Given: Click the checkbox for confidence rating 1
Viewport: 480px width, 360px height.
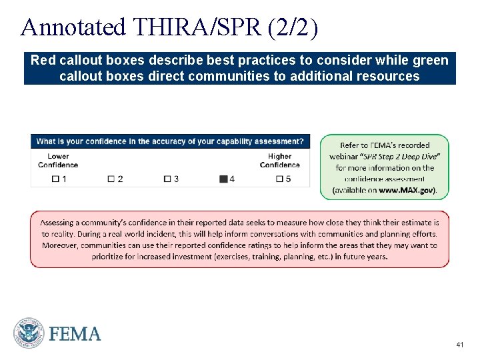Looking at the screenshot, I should pos(55,179).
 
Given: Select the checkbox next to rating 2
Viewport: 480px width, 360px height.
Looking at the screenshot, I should pos(111,179).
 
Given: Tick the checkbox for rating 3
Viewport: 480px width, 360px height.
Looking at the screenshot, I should pos(167,179).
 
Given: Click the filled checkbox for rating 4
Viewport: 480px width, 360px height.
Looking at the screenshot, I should pos(223,179).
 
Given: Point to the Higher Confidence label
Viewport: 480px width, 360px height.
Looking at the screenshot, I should pos(279,161).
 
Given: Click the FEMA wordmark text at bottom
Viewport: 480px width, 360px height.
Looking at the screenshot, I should pos(75,333).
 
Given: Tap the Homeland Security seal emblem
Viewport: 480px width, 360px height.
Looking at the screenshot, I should pos(29,333).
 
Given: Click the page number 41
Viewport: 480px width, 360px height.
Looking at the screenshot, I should pos(459,345).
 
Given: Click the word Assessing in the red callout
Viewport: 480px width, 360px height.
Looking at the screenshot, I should pos(60,222).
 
